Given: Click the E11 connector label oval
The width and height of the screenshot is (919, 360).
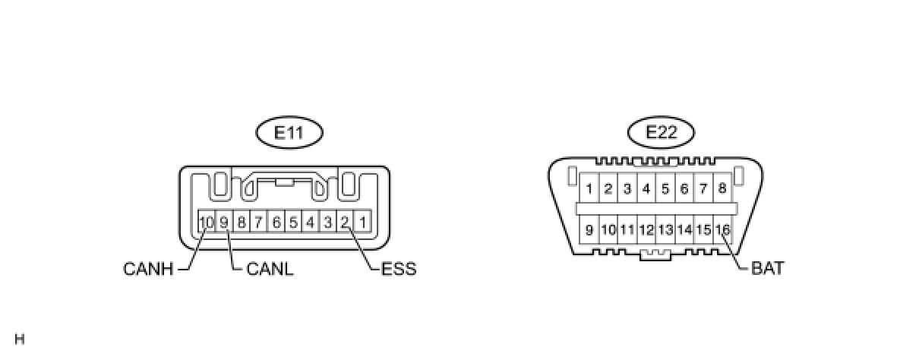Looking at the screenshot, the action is [289, 133].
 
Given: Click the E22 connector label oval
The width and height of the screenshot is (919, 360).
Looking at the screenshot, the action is [662, 133].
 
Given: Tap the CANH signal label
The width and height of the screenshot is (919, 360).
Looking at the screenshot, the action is [149, 269].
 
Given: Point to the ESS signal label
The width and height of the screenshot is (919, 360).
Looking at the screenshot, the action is [399, 269].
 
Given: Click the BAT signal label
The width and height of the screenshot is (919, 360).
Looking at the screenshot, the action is [767, 268].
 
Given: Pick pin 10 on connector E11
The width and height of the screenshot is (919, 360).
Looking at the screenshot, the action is [207, 223].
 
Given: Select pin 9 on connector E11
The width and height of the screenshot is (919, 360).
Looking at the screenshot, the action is [225, 223].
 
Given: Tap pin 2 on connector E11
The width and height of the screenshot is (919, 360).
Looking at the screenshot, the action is [346, 223].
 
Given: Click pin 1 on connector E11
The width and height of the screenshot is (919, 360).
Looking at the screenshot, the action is [363, 223].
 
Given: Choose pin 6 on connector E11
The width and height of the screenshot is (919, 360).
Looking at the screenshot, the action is [276, 223].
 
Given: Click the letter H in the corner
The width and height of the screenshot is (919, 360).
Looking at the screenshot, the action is [19, 339].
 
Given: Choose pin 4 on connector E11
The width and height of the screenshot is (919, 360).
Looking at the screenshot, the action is [311, 223].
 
